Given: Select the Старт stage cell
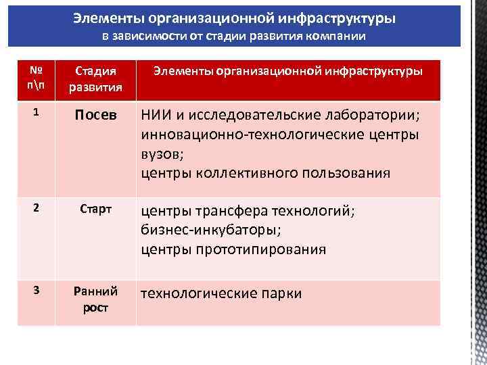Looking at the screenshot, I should coord(95,208).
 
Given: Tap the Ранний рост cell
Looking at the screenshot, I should coord(95,299).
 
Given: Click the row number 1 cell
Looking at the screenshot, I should coord(35,114).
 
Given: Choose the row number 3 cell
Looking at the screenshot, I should coord(35,291).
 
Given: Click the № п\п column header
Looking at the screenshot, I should coord(35,78).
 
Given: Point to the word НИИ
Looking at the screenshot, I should coord(156,116).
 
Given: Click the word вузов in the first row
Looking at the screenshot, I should coord(161,154).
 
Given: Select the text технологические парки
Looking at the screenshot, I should coord(221,293).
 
